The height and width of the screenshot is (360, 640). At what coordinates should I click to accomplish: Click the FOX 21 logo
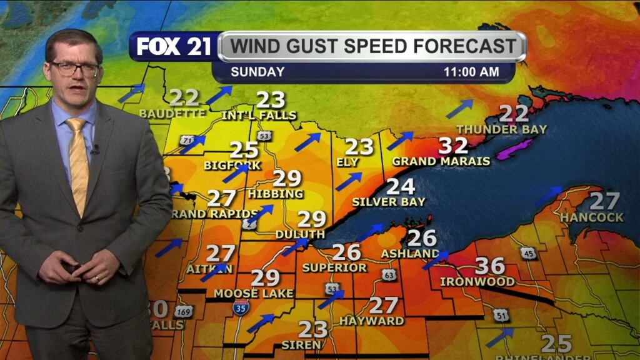[x=172, y=46]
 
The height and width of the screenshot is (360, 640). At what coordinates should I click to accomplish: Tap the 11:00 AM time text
[x=471, y=72]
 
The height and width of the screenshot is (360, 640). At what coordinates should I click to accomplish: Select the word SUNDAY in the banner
[x=257, y=72]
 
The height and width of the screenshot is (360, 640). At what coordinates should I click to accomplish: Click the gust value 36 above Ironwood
[x=489, y=266]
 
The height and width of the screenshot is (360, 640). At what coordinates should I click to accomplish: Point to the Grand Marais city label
[x=441, y=161]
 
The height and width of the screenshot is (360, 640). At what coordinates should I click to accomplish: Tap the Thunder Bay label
[x=501, y=129]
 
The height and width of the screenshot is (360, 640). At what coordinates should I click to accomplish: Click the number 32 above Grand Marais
[x=453, y=146]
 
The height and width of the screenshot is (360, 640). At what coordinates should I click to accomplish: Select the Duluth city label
[x=300, y=234]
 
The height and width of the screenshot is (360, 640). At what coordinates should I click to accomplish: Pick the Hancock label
[x=592, y=217]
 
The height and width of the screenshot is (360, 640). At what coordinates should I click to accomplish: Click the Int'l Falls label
[x=259, y=116]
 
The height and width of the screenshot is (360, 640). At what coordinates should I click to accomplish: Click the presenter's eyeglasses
[x=75, y=67]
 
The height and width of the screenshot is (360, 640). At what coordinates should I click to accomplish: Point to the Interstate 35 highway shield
[x=241, y=307]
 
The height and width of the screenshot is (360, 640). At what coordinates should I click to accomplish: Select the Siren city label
[x=301, y=344]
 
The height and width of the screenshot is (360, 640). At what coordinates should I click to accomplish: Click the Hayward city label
[x=371, y=321]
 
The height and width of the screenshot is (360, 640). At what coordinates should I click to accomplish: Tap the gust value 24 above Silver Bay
[x=401, y=186]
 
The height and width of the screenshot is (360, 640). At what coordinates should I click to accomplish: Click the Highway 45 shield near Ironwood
[x=528, y=252]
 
